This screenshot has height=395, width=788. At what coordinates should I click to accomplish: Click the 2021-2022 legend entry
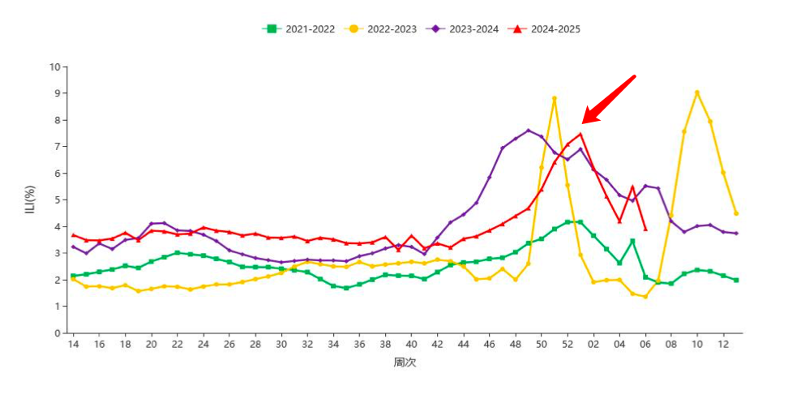tap(298, 29)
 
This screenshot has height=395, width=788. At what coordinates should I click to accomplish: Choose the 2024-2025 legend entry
tap(545, 29)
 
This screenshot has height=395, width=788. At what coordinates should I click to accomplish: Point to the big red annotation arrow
tap(608, 100)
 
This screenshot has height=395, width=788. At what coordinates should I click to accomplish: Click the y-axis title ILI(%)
tap(30, 200)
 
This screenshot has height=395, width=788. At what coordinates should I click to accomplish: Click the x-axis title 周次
tap(405, 363)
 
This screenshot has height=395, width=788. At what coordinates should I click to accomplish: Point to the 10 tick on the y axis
tap(55, 67)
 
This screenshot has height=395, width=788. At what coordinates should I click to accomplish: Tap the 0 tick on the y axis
tap(57, 333)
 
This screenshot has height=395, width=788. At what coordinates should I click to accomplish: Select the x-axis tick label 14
tap(73, 344)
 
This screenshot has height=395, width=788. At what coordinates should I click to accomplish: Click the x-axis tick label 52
tap(567, 344)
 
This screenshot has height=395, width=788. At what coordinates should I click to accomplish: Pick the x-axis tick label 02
tap(593, 344)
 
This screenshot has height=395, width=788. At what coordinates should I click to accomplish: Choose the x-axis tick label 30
tap(281, 344)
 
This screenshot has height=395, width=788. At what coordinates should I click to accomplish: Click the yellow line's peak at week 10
tap(696, 92)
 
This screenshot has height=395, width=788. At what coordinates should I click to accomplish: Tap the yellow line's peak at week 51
tap(555, 99)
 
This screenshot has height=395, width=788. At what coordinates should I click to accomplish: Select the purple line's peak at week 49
tap(529, 131)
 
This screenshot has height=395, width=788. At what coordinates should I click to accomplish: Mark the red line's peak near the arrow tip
tap(580, 135)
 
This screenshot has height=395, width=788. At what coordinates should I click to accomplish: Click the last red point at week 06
tap(645, 229)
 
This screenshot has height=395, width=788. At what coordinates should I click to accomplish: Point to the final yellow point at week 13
tap(735, 213)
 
